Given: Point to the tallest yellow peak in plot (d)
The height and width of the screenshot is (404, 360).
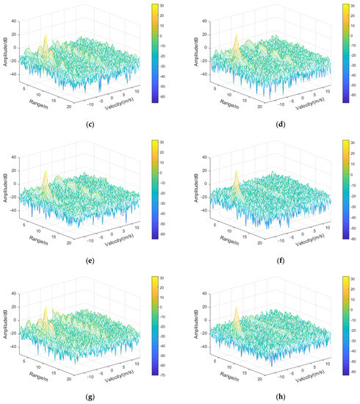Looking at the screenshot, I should (236, 37).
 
